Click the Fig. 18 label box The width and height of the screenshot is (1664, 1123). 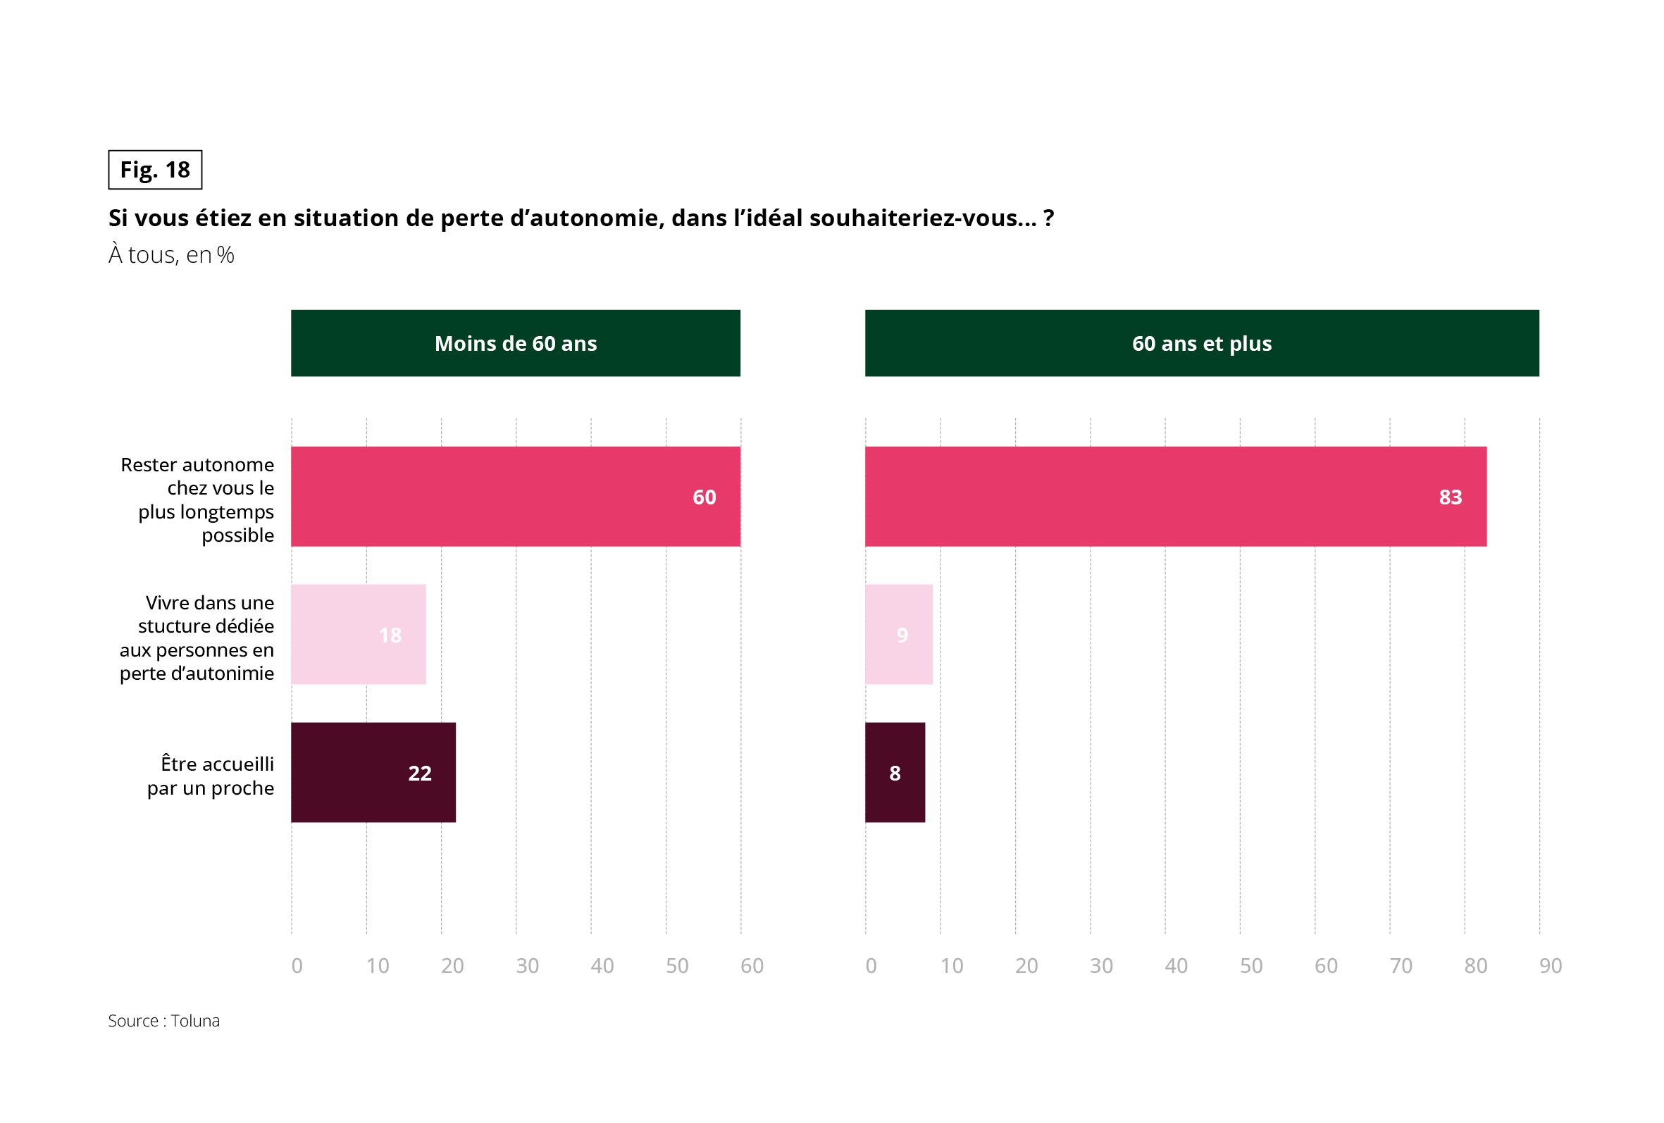155,170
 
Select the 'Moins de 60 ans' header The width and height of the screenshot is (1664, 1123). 515,343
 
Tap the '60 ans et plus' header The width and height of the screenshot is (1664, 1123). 1201,343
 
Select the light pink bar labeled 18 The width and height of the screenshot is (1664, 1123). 358,635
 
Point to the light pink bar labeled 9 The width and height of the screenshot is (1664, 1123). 899,635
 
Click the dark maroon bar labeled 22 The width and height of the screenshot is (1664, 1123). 373,773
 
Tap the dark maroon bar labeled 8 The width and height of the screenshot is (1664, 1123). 895,773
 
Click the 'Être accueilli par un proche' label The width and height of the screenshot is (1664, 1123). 211,776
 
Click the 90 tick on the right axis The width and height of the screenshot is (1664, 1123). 1550,966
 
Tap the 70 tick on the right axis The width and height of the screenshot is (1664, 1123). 1401,966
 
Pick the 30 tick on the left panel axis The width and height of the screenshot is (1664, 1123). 527,966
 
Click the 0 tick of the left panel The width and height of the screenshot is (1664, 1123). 297,966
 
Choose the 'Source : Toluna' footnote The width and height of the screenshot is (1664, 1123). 164,1021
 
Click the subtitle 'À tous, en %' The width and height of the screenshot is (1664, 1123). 171,255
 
